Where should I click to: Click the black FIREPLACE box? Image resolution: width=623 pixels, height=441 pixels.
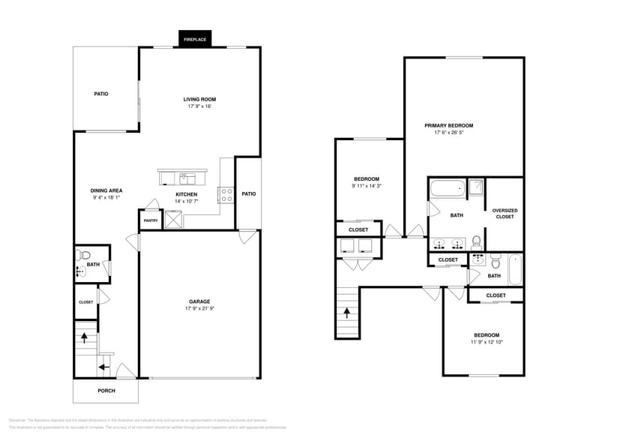coord(195,38)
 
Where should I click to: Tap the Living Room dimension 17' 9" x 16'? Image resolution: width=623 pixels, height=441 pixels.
coord(199,106)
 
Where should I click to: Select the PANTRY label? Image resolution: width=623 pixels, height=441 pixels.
coord(151,220)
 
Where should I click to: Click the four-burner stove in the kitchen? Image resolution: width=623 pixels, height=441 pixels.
coord(225,195)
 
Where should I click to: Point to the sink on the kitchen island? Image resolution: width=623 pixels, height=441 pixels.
coord(186,178)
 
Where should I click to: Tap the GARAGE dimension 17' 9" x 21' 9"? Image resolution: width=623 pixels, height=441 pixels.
coord(199,309)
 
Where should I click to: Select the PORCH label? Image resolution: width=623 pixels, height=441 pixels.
coord(106,391)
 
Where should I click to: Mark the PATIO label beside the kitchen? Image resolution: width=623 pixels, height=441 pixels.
coord(248,194)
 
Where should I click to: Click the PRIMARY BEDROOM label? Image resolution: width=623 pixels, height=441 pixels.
coord(448,125)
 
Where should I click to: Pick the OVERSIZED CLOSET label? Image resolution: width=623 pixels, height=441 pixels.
coord(505,213)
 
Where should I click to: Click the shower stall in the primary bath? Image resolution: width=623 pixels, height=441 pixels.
coord(475,187)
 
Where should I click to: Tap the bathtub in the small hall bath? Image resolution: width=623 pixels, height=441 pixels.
coord(514,269)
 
